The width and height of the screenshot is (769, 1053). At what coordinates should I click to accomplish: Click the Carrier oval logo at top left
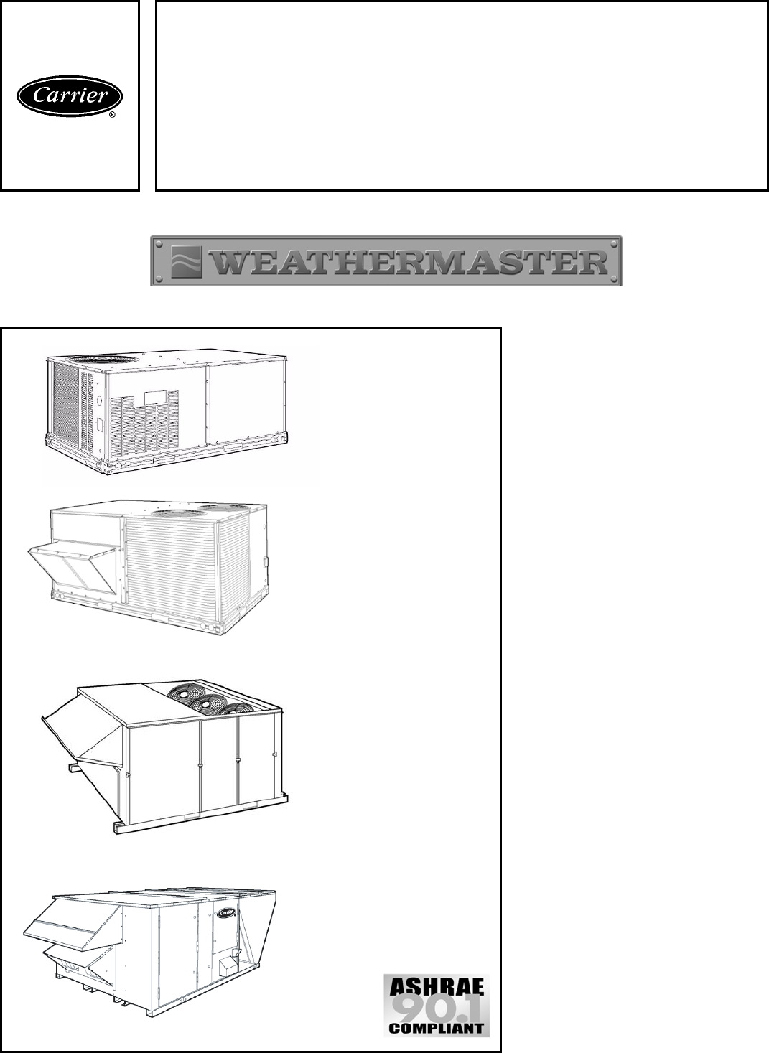70,96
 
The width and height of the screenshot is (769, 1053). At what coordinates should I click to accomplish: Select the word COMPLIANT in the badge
436,1028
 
